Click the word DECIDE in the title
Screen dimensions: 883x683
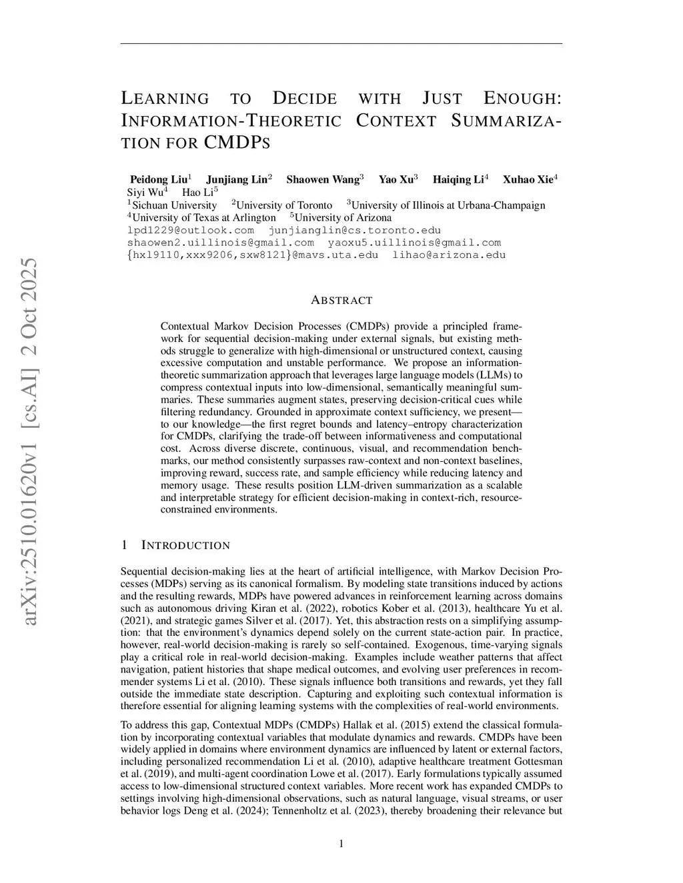point(305,99)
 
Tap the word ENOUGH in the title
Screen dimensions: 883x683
point(521,99)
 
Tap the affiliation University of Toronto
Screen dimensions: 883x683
point(283,205)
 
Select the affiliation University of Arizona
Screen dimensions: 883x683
point(342,218)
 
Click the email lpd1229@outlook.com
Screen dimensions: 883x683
point(191,231)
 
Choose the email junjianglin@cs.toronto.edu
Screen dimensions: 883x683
point(354,231)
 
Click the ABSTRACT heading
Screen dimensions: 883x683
point(341,301)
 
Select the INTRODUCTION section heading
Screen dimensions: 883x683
point(185,546)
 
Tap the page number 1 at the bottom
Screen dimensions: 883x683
point(341,844)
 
